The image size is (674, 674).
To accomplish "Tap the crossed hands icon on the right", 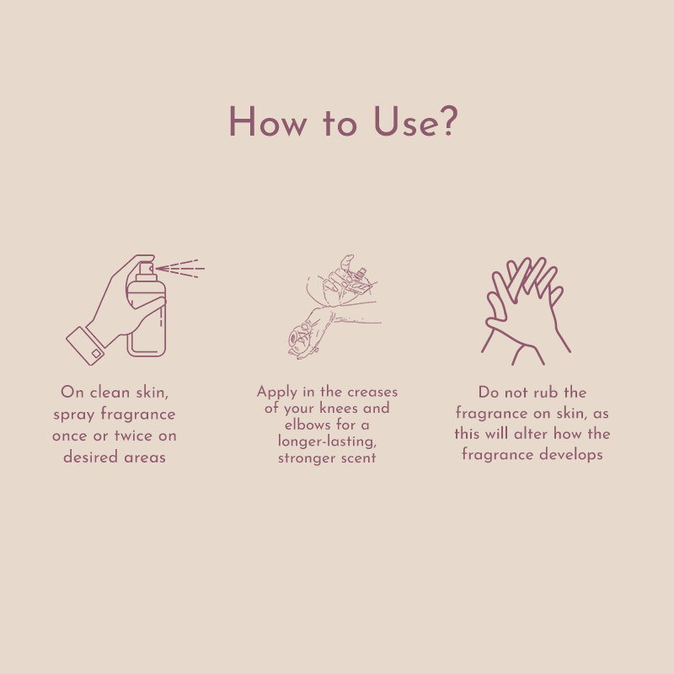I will tap(525, 308).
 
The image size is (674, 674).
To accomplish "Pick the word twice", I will tap(133, 436).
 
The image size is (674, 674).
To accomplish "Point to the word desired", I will tap(89, 458).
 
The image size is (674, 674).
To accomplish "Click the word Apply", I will tap(278, 393).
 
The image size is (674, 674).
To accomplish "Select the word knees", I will tap(340, 409).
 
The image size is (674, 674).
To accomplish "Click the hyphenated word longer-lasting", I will tap(327, 441).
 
